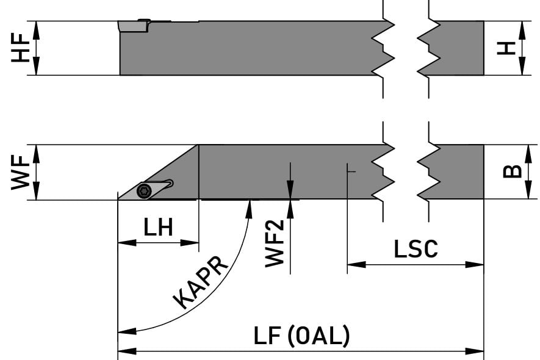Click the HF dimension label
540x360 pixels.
click(x=21, y=48)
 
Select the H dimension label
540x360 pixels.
click(x=506, y=48)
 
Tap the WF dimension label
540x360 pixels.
click(x=21, y=172)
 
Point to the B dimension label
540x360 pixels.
click(x=512, y=171)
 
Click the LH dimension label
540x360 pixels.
click(x=158, y=228)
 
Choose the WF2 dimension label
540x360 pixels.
click(x=275, y=243)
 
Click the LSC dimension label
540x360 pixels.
click(x=416, y=249)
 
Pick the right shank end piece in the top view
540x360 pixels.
click(x=458, y=48)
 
